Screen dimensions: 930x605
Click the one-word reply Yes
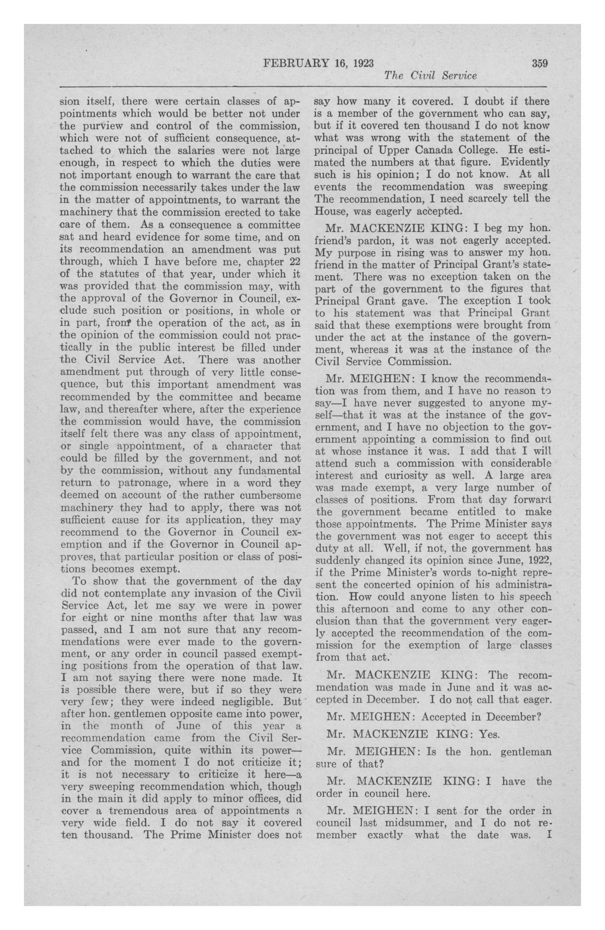coord(489,735)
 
